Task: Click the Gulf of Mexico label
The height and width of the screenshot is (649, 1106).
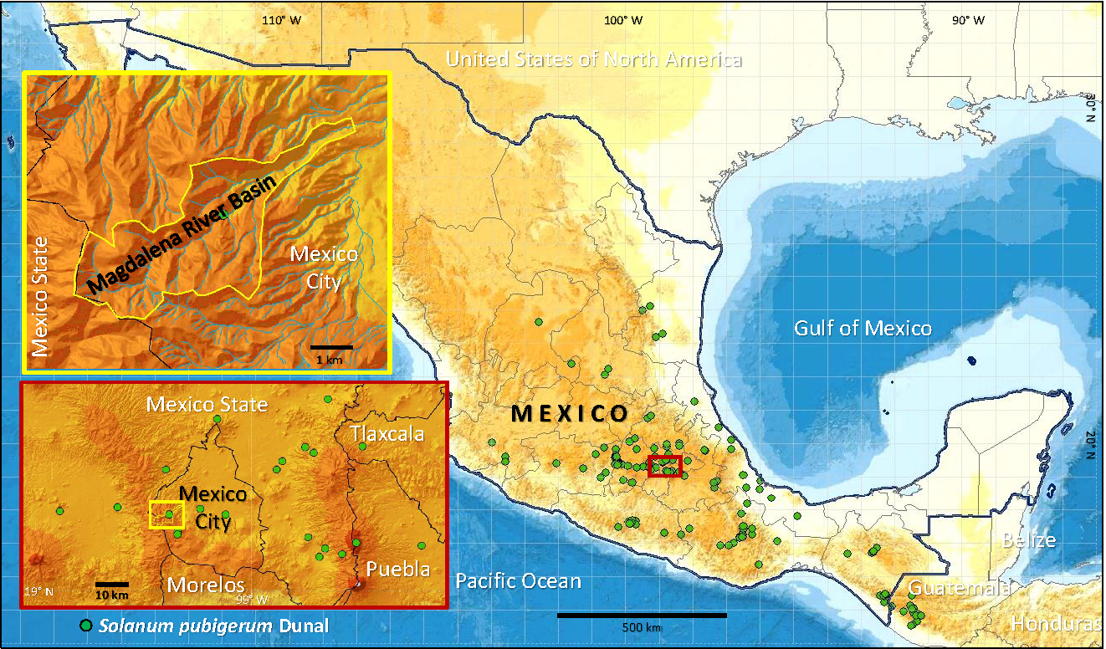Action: pos(863,328)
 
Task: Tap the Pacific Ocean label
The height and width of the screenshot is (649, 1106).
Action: pos(518,580)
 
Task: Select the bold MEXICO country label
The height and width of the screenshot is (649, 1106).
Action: pos(570,413)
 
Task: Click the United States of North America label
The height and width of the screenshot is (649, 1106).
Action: pos(594,59)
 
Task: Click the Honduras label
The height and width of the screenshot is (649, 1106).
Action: pos(1055,624)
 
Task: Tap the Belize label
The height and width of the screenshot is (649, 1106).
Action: pos(1028,540)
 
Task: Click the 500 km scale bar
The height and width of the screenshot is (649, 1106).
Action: pos(642,616)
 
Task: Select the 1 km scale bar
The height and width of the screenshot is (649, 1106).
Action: pos(332,346)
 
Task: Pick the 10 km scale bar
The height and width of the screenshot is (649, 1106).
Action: pos(111,584)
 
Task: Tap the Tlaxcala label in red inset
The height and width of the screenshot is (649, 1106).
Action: pos(387,434)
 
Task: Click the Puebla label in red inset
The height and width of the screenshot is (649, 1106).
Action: pos(398,570)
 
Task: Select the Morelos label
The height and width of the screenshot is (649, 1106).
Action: pos(206,584)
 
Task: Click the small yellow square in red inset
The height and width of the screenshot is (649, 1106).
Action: pos(166,514)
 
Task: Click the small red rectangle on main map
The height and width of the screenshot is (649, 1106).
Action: pos(665,466)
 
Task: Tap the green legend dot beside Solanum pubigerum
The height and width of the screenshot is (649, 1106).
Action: pos(85,626)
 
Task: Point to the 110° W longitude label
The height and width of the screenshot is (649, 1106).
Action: pos(281,20)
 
